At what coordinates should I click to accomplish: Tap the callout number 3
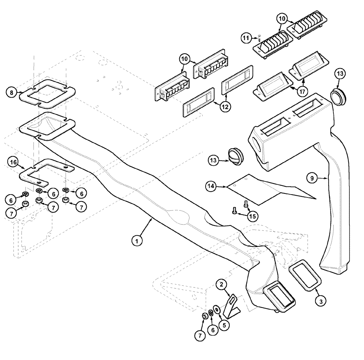(x=321, y=301)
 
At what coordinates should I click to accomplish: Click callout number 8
(x=12, y=93)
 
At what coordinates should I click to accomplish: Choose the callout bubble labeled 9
(x=312, y=178)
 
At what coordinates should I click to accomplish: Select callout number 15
(x=253, y=216)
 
